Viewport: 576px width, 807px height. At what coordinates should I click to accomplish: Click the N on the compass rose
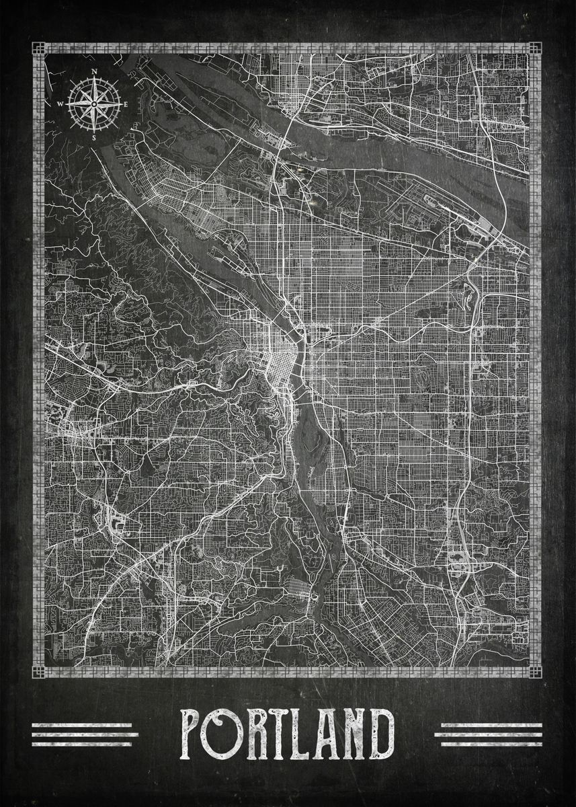click(95, 71)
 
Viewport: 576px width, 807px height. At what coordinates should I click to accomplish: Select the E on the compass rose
click(126, 104)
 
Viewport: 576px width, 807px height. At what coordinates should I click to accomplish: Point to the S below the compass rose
click(94, 137)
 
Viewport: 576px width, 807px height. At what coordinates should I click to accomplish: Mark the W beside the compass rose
click(60, 104)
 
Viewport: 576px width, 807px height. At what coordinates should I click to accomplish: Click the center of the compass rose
click(94, 104)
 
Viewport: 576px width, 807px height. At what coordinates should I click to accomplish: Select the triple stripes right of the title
click(488, 734)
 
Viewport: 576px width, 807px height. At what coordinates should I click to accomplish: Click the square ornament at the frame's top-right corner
click(535, 48)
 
